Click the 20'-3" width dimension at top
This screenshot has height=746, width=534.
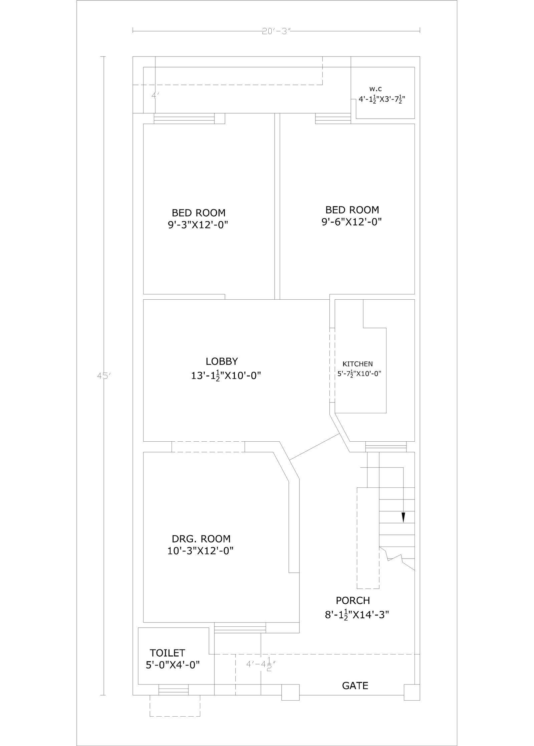[276, 32]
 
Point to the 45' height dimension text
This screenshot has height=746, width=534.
[103, 376]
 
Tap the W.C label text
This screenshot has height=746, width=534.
[375, 89]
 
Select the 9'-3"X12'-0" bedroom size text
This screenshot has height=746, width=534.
[198, 225]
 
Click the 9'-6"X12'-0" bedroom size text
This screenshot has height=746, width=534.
[351, 222]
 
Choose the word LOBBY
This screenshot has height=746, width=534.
[222, 361]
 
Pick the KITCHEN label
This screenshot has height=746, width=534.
[357, 364]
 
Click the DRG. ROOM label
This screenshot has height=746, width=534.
[201, 539]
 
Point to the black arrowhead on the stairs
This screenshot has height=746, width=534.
[403, 517]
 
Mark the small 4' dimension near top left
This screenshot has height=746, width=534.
[155, 95]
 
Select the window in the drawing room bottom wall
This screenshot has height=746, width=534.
[240, 628]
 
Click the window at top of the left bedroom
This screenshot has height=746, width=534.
[184, 119]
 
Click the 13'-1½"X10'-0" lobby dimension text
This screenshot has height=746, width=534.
[226, 376]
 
